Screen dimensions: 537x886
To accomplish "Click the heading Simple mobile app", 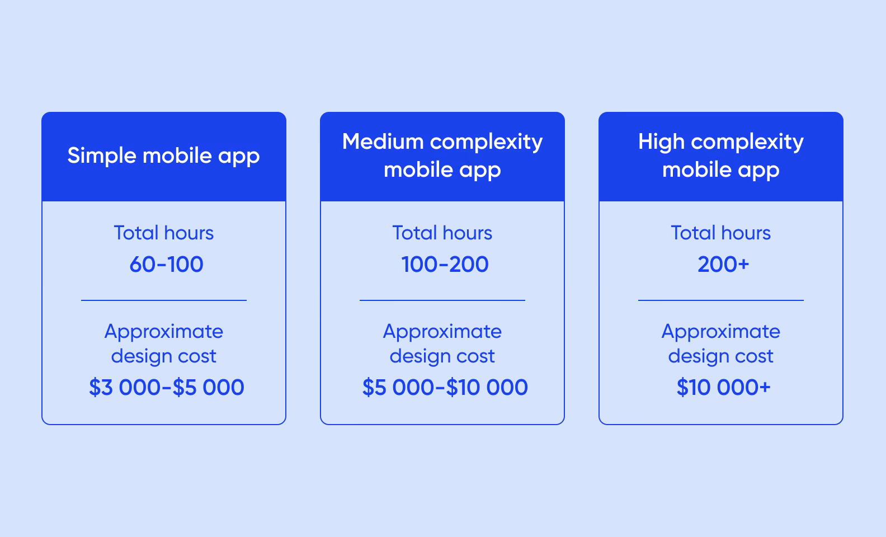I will (x=163, y=156).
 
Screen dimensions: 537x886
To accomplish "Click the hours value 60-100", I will (x=166, y=265).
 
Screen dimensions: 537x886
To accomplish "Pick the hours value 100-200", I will (x=445, y=265).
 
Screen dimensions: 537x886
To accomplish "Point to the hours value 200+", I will (x=723, y=265).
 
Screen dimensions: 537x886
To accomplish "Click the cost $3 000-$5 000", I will (x=166, y=387).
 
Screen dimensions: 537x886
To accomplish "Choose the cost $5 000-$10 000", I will (x=445, y=387).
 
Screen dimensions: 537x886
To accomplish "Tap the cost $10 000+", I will (x=723, y=387).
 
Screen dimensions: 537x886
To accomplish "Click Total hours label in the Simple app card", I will (x=163, y=233).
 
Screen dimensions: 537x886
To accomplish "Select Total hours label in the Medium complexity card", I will (x=442, y=233).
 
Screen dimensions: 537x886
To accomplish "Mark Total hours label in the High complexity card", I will (x=720, y=233).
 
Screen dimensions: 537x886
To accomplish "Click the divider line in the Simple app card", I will (x=163, y=300).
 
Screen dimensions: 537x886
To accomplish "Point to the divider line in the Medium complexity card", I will (x=442, y=300).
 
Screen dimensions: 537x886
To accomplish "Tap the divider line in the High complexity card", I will (x=720, y=300).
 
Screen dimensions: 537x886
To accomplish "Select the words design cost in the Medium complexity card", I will (x=442, y=356).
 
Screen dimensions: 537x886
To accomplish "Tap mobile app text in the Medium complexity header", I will (x=442, y=170).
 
